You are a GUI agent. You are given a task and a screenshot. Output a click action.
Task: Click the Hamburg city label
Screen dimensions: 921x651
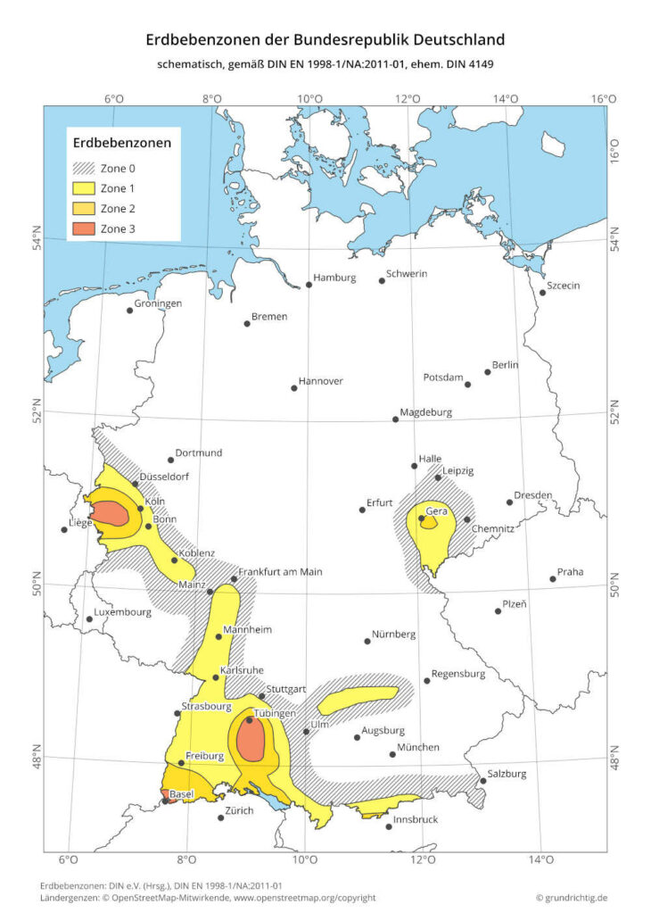pyautogui.click(x=334, y=278)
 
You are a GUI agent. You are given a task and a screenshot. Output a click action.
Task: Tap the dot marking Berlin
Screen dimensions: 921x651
pyautogui.click(x=488, y=371)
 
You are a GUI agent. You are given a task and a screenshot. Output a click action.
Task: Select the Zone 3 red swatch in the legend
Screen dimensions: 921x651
pyautogui.click(x=85, y=229)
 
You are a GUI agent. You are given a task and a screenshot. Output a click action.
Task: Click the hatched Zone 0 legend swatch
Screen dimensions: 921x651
pyautogui.click(x=85, y=168)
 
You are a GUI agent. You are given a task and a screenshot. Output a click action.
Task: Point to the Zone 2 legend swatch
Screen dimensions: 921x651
pyautogui.click(x=85, y=209)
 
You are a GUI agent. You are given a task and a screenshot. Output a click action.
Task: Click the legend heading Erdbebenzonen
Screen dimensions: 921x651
pyautogui.click(x=121, y=141)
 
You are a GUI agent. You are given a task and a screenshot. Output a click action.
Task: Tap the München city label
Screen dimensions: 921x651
pyautogui.click(x=418, y=747)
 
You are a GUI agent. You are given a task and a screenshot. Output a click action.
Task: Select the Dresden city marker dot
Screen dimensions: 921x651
pyautogui.click(x=510, y=502)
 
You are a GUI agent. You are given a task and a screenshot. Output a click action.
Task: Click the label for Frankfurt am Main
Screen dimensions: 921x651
pyautogui.click(x=281, y=572)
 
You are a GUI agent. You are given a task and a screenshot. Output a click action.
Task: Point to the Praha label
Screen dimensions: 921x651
pyautogui.click(x=571, y=571)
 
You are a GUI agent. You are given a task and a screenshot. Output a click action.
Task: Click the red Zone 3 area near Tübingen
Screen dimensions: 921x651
pyautogui.click(x=252, y=739)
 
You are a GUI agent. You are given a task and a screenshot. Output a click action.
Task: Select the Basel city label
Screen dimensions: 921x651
pyautogui.click(x=182, y=793)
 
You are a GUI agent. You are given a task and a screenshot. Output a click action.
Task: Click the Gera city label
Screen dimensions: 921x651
pyautogui.click(x=436, y=511)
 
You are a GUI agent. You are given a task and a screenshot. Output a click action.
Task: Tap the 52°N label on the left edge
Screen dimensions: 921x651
pyautogui.click(x=38, y=417)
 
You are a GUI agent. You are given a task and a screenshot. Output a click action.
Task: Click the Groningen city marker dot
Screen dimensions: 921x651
pyautogui.click(x=129, y=311)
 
